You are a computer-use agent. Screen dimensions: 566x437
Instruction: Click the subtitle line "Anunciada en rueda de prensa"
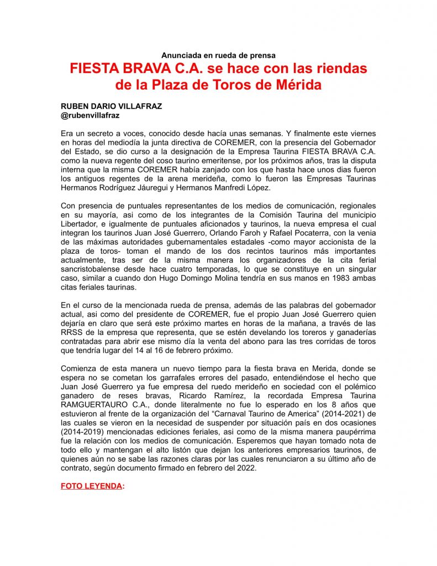tap(218, 55)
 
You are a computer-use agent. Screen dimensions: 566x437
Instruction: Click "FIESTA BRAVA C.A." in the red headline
tap(139, 70)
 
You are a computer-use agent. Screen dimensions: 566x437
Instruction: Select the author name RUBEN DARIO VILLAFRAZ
tap(111, 106)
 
